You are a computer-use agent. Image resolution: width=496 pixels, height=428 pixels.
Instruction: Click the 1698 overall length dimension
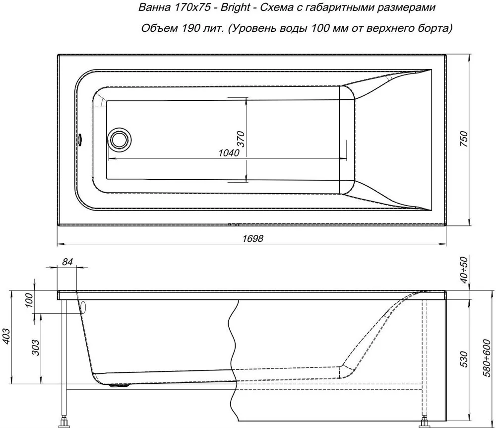coord(253,238)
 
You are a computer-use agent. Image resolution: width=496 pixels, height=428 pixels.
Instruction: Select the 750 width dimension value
coord(463,139)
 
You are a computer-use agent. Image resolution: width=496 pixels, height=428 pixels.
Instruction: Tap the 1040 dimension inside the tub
coord(229,153)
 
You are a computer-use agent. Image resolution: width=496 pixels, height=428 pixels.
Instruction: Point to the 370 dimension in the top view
coord(241,138)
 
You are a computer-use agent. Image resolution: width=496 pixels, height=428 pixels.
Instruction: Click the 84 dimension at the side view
coord(67,262)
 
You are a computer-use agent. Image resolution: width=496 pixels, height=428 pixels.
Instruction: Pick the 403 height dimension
coord(7,336)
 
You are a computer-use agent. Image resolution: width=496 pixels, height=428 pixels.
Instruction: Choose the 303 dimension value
coord(36,347)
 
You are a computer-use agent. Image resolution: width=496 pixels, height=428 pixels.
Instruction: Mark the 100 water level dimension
coord(29,300)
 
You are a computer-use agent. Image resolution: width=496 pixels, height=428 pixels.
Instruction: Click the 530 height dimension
coord(463,359)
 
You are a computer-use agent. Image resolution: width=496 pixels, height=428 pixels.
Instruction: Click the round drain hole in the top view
coord(119,139)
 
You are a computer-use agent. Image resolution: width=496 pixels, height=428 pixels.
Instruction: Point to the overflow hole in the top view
coord(79,139)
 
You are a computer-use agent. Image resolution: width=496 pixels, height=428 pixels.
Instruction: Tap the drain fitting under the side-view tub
coord(119,385)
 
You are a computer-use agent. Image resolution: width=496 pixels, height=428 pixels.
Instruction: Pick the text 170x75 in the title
coord(192,7)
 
